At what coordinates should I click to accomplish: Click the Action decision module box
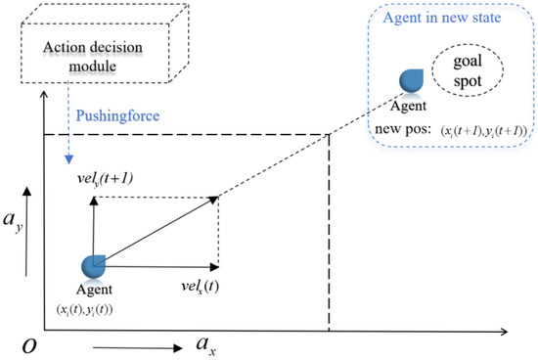tap(77, 58)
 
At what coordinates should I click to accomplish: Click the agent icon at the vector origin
tap(96, 265)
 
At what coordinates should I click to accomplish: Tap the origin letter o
tap(20, 343)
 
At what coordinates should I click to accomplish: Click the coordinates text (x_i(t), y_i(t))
tap(96, 308)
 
